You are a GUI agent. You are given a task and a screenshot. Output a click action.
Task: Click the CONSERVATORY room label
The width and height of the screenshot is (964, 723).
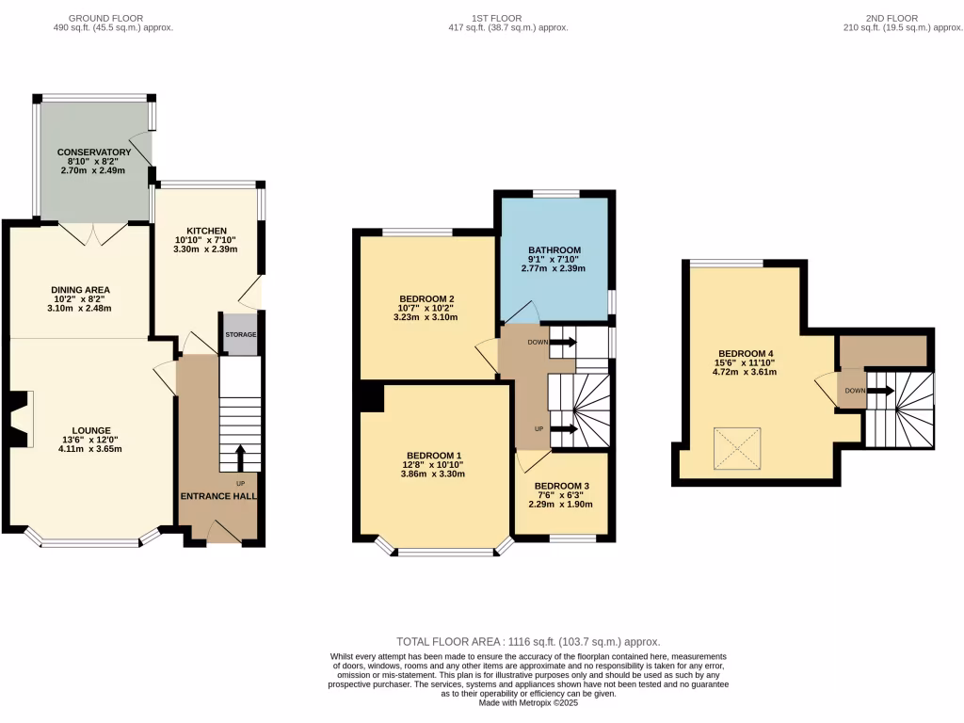pos(94,152)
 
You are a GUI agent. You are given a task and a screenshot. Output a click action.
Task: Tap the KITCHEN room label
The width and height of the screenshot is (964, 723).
pos(206,231)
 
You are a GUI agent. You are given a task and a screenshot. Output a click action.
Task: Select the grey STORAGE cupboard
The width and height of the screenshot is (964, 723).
pos(240,335)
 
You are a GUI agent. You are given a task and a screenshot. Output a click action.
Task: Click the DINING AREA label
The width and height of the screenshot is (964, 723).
pos(81,289)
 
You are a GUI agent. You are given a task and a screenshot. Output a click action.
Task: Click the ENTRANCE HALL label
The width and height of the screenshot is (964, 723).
pos(219,496)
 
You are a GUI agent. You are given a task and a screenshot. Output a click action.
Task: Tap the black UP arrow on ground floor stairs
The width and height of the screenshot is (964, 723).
pos(240,458)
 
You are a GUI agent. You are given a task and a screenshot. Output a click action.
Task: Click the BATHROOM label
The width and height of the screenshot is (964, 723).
pos(554,249)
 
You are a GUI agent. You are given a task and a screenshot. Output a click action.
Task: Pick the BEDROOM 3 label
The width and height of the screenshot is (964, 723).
pos(562,485)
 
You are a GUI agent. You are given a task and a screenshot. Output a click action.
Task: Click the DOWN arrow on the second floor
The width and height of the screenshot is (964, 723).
pos(880,390)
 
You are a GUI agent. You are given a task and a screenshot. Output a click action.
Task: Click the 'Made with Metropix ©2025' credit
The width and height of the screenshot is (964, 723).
pos(528,702)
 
